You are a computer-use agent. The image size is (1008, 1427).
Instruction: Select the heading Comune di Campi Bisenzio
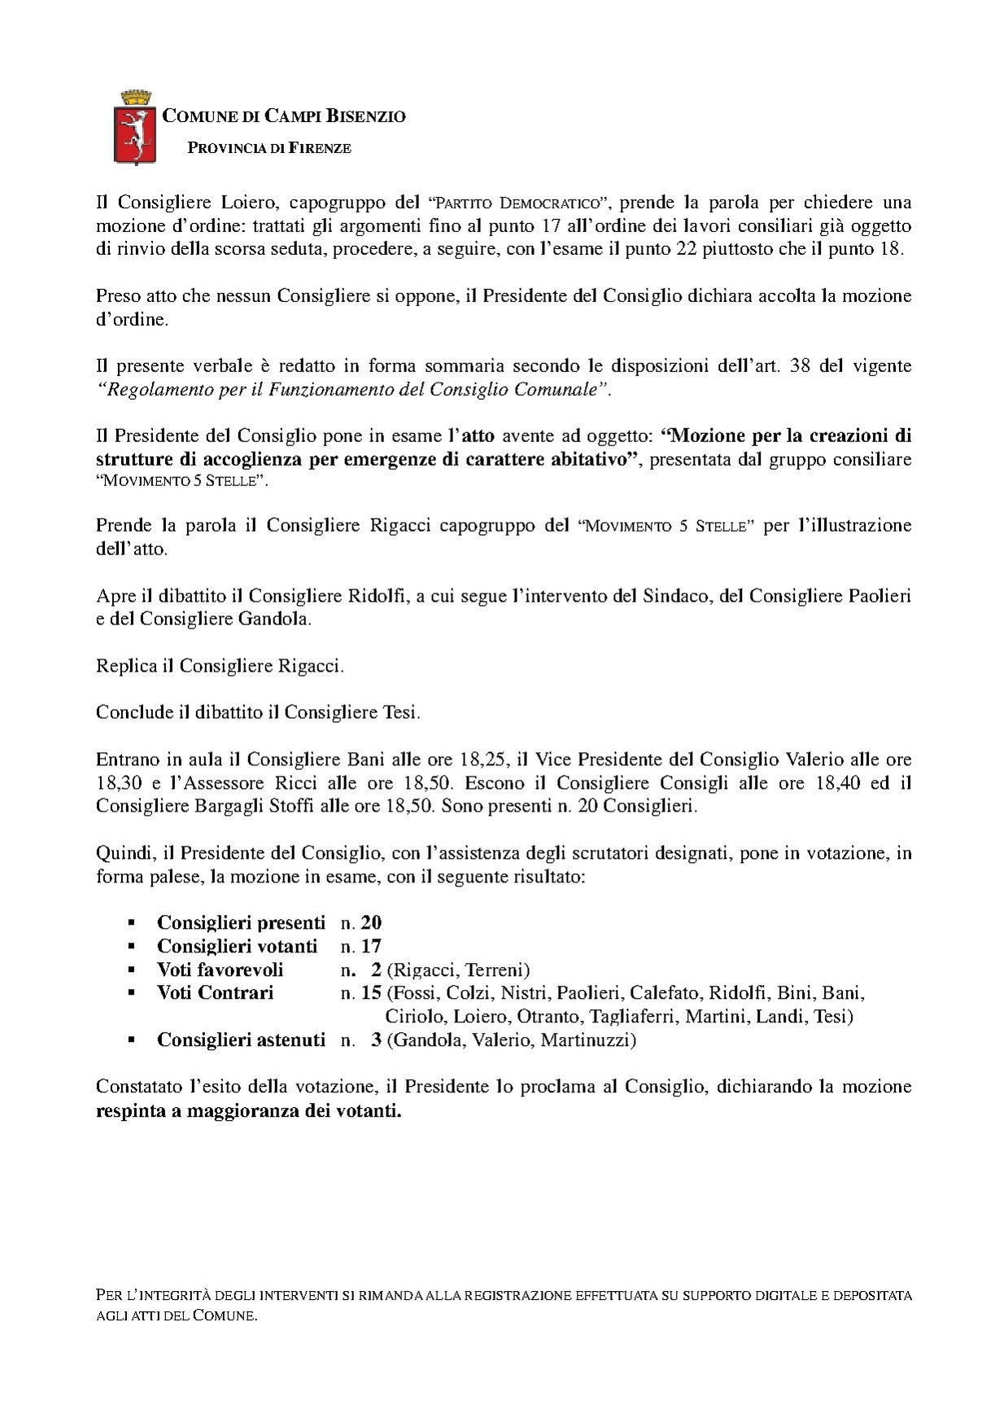pyautogui.click(x=284, y=116)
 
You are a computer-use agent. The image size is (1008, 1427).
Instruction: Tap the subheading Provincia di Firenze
pyautogui.click(x=269, y=148)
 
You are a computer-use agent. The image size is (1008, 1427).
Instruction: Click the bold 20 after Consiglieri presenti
pyautogui.click(x=372, y=923)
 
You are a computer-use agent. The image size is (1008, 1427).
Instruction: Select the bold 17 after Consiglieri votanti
pyautogui.click(x=372, y=947)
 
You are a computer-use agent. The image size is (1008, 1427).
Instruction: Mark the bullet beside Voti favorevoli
pyautogui.click(x=130, y=970)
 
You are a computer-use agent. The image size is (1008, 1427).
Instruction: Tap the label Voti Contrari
pyautogui.click(x=215, y=993)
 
